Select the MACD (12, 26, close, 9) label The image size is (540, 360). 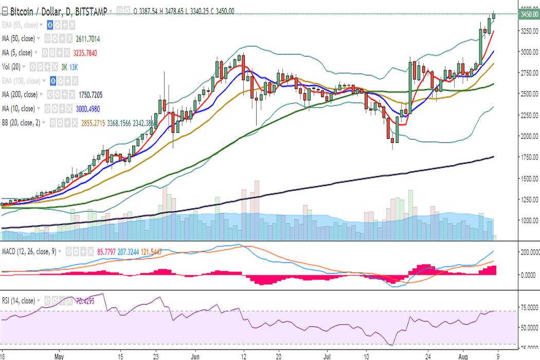pyautogui.click(x=29, y=251)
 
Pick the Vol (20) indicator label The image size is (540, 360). pyautogui.click(x=12, y=66)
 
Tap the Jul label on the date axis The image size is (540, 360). pyautogui.click(x=327, y=355)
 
